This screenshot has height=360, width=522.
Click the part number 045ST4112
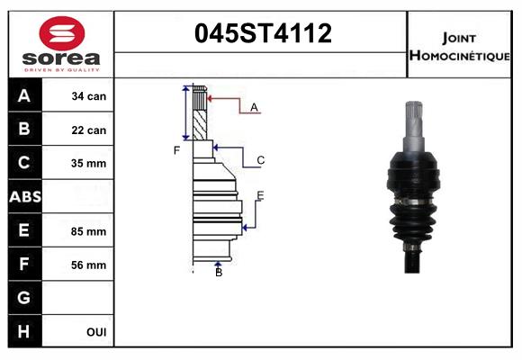point(264,34)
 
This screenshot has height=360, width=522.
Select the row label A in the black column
point(24,96)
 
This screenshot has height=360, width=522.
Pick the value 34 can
point(88,96)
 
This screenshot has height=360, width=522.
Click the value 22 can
point(88,130)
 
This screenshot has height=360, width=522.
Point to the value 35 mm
point(88,164)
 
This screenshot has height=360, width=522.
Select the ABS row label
point(24,196)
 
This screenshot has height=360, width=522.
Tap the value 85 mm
point(88,231)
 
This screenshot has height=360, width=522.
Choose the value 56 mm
point(88,265)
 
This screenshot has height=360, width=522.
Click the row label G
point(24,298)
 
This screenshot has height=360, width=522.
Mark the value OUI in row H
point(96,332)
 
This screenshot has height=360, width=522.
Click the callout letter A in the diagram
point(255,108)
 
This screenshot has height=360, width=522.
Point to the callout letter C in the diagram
point(260,161)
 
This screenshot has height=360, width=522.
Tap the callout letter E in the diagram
point(260,195)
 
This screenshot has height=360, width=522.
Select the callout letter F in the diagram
point(177,149)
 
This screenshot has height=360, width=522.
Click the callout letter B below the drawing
point(219,272)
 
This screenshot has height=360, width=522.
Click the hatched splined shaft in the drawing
point(201,112)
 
